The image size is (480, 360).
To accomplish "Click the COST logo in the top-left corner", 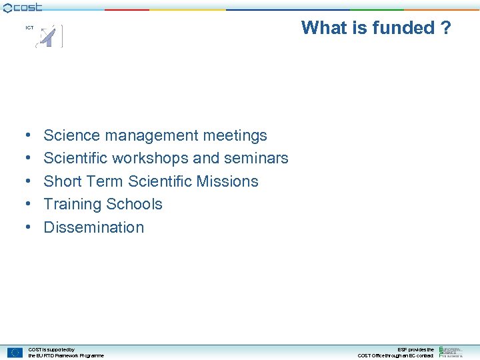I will coord(23,7).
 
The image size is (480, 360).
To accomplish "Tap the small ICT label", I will coord(29,28).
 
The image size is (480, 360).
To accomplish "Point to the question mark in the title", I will coord(445,28).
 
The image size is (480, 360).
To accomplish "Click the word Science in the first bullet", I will coord(71,135).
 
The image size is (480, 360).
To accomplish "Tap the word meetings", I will coord(235,136).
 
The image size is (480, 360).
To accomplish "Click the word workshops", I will coord(150,158).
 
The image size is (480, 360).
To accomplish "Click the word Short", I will coord(62,181).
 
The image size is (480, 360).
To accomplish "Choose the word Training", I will coord(73,204).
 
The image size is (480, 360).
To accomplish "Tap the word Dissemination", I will coord(93,227).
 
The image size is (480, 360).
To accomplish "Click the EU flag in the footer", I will coord(15,353).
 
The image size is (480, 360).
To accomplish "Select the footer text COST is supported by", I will coord(51,349).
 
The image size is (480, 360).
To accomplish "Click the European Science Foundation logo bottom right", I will coord(451,352).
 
